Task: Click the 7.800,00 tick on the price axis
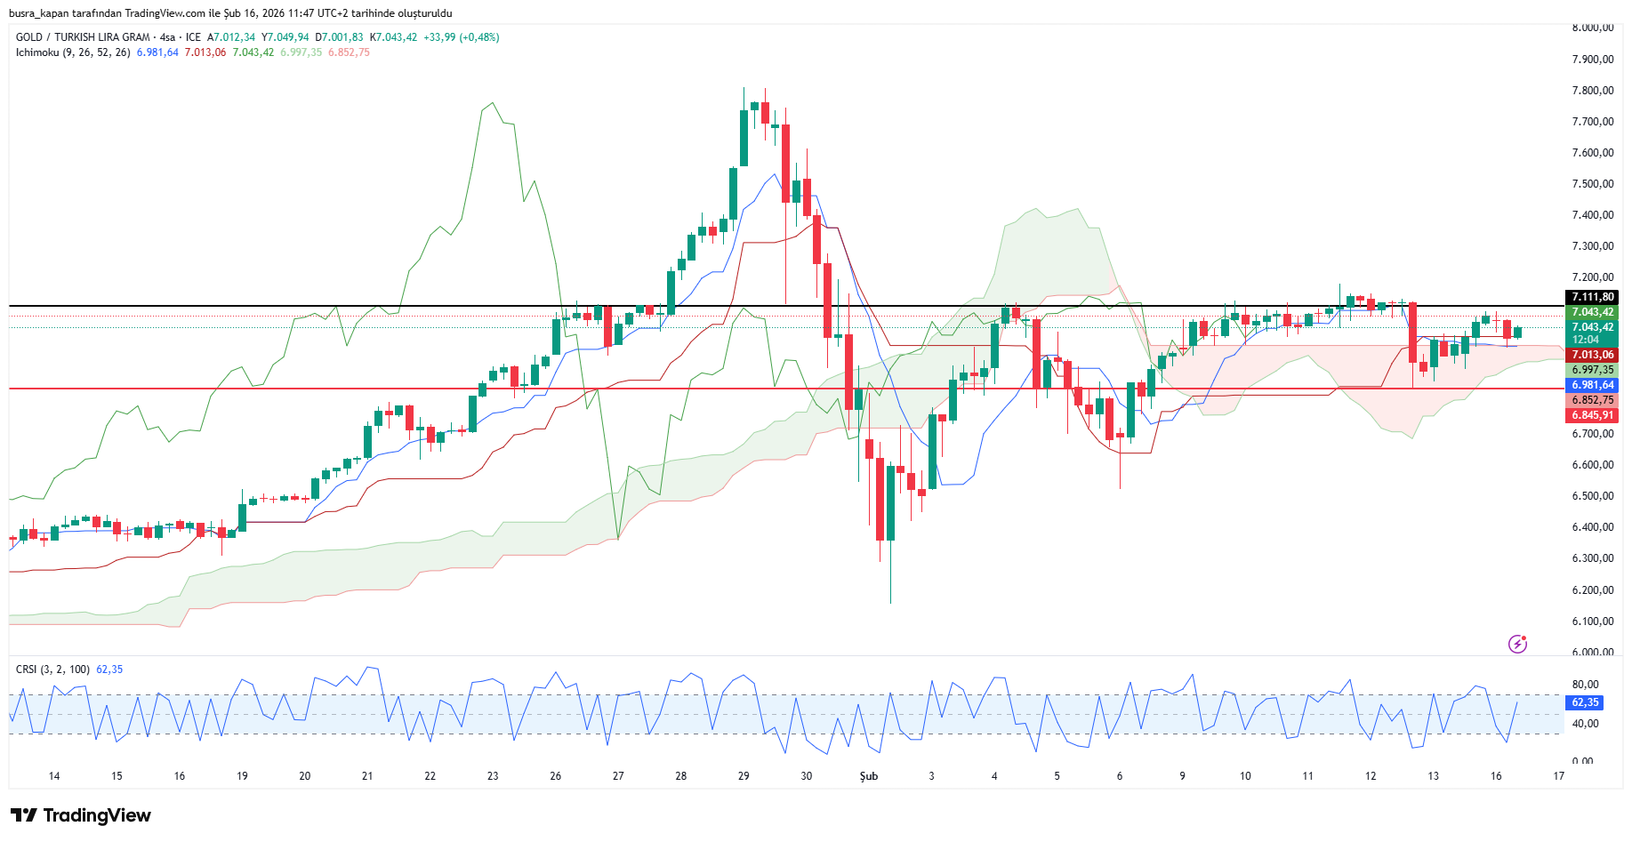tap(1592, 91)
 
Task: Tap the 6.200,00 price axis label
tap(1592, 590)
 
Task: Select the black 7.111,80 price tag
tap(1592, 297)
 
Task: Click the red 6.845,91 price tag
tap(1592, 415)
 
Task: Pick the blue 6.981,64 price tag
tap(1592, 385)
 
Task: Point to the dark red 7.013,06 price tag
tap(1592, 355)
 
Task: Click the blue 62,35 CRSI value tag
tap(1585, 702)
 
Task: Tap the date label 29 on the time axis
tap(744, 776)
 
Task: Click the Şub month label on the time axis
tap(868, 776)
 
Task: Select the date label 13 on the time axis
tap(1433, 776)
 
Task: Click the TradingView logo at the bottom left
tap(81, 815)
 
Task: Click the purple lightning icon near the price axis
tap(1517, 644)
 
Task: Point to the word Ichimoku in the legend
tap(37, 52)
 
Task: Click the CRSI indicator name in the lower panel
tap(27, 670)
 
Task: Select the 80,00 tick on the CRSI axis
tap(1585, 685)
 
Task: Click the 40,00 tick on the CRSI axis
tap(1585, 724)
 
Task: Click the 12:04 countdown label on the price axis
tap(1586, 340)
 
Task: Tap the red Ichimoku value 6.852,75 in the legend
tap(349, 52)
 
